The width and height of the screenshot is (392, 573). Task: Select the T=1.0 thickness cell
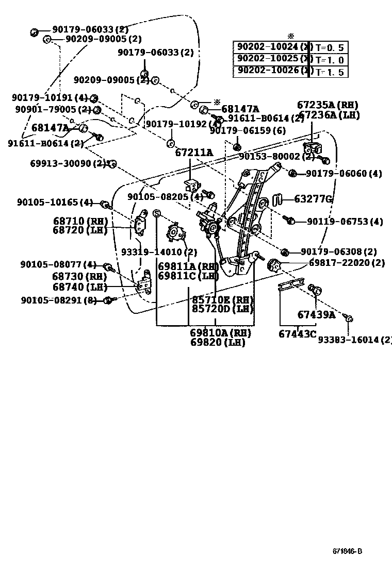click(x=329, y=60)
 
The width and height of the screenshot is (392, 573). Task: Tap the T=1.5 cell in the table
click(x=329, y=72)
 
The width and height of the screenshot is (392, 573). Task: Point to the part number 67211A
click(x=193, y=153)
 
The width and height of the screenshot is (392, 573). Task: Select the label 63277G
click(x=313, y=199)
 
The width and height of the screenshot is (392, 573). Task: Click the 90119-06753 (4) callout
click(x=345, y=222)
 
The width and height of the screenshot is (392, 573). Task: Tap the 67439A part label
click(x=316, y=314)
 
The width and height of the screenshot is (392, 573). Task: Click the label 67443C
click(x=297, y=333)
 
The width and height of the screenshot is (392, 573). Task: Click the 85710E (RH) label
click(x=222, y=299)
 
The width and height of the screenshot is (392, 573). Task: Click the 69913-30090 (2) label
click(x=68, y=163)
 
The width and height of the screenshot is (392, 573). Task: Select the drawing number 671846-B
click(x=347, y=551)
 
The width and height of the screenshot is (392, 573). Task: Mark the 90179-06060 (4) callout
click(x=344, y=174)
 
